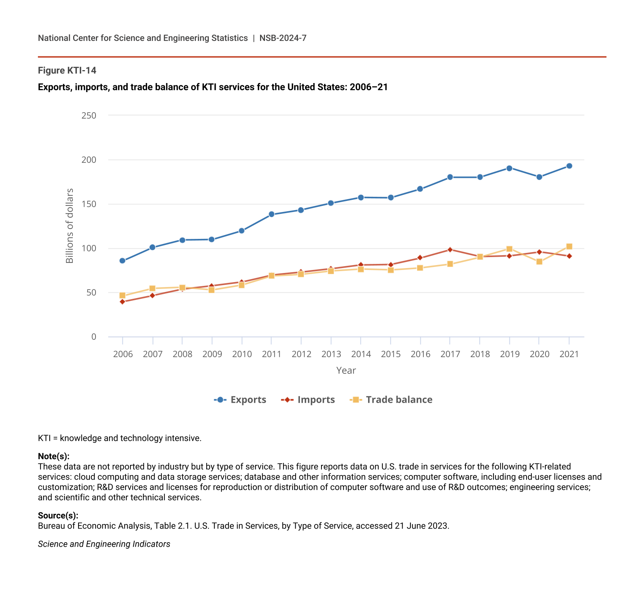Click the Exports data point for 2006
(x=122, y=260)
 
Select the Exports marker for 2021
(x=569, y=166)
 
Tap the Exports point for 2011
(x=271, y=214)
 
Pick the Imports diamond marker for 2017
(x=450, y=249)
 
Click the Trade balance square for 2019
(x=509, y=249)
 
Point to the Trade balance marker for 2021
(x=569, y=246)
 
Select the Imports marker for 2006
(x=122, y=302)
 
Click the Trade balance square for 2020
(x=539, y=262)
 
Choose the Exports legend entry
(x=240, y=400)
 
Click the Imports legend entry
(x=308, y=400)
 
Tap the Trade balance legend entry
(x=391, y=400)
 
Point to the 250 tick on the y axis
(x=89, y=115)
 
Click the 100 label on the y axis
(x=89, y=248)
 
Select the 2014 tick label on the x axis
(x=361, y=354)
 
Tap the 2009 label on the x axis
(x=212, y=354)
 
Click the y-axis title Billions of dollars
(x=69, y=226)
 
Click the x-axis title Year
(x=346, y=370)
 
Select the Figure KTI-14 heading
(x=67, y=71)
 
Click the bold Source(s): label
(x=58, y=515)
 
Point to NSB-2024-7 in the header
(x=283, y=38)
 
